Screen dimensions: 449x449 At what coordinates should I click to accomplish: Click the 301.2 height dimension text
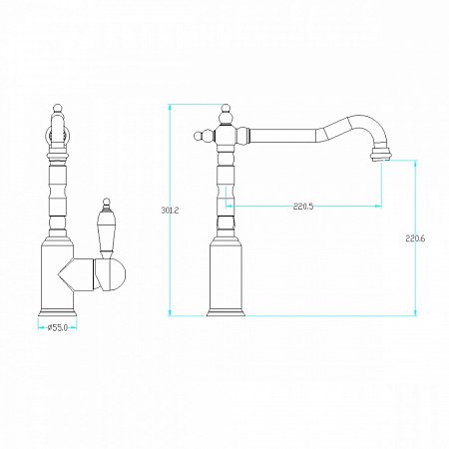[x=170, y=211]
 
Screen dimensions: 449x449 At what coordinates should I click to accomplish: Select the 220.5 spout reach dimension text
[x=303, y=207]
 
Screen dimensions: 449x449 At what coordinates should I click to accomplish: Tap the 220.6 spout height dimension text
[x=415, y=238]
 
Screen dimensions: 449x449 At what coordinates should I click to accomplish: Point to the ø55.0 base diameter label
[x=58, y=328]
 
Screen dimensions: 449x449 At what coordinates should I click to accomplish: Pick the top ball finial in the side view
[x=226, y=108]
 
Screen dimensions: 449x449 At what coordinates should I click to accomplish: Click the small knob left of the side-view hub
[x=200, y=136]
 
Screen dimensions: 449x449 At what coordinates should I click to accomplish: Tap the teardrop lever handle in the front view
[x=106, y=230]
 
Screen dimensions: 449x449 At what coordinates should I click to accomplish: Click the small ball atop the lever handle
[x=106, y=201]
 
